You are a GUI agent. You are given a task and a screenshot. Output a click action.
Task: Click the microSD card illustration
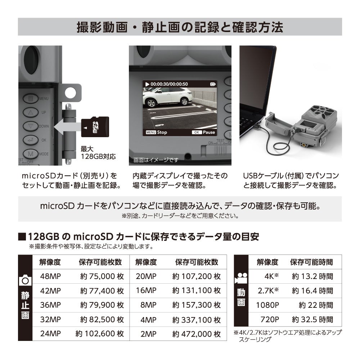coord(95,127)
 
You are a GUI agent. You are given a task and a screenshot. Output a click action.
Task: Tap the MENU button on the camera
coord(31,98)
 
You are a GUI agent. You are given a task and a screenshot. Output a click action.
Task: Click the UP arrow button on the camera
coord(31,112)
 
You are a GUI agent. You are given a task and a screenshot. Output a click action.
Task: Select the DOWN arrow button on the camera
coord(31,126)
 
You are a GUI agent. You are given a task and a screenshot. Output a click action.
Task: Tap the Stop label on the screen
coord(157,132)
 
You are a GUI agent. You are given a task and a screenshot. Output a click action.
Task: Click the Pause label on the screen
coord(204,132)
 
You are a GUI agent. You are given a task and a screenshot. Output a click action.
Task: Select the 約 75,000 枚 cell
coord(102,276)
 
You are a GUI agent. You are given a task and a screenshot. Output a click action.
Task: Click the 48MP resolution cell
coord(50,276)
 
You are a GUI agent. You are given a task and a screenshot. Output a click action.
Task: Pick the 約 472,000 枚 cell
coord(196,334)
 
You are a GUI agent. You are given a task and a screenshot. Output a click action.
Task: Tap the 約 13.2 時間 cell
coord(312,276)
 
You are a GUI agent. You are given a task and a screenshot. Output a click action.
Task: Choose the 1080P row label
coord(267,305)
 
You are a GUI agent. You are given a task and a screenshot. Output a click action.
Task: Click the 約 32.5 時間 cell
coord(312,319)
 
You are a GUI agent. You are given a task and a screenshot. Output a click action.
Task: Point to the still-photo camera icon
coord(25,280)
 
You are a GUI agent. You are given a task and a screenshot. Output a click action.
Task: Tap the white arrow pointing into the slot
coord(67,127)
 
